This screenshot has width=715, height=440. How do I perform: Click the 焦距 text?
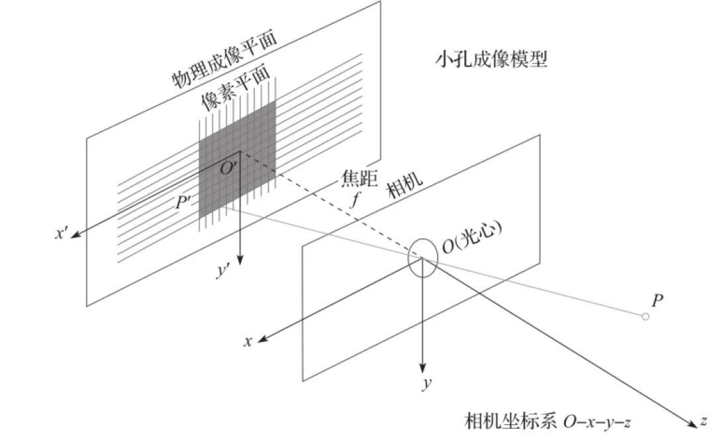[354, 179]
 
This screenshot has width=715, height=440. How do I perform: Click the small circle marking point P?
[645, 318]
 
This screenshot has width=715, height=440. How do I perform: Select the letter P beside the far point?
[657, 301]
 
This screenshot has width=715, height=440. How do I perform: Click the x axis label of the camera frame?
[248, 341]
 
